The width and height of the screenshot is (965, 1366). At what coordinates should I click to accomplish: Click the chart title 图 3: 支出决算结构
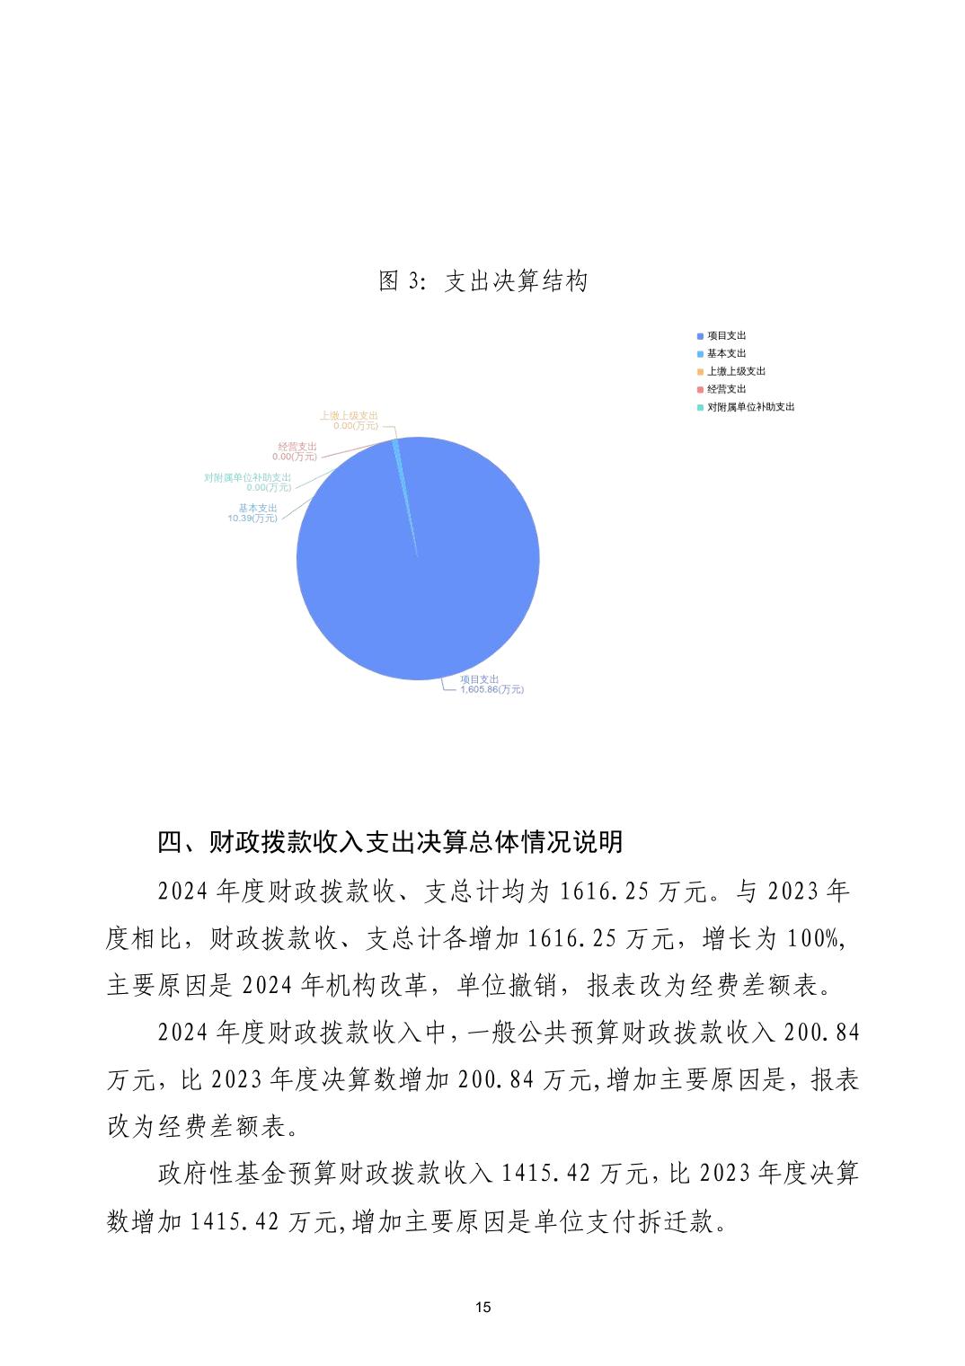click(482, 281)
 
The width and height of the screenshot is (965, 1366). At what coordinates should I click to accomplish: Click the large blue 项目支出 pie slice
click(422, 575)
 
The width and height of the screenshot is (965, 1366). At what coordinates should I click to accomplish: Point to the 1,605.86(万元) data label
click(491, 689)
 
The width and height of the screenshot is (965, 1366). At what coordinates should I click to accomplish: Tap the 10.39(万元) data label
click(252, 519)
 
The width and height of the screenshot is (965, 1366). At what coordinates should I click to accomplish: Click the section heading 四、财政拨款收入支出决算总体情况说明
click(390, 842)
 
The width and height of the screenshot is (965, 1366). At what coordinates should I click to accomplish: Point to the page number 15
click(482, 1307)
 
